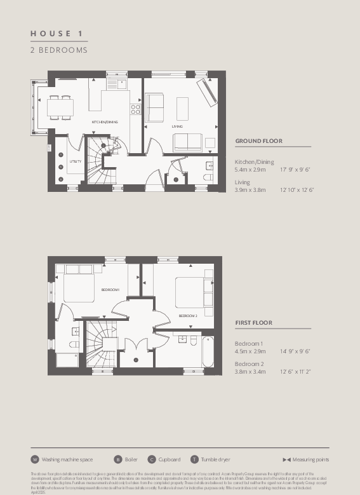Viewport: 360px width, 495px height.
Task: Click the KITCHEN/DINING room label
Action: (x=105, y=121)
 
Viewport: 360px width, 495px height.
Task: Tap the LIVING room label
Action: (x=177, y=126)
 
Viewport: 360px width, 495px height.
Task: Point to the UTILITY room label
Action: (x=75, y=161)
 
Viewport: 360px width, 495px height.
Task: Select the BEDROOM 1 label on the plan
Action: (x=110, y=290)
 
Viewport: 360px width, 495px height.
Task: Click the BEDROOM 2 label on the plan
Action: (x=188, y=316)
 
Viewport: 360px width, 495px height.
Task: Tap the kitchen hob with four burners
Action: (x=135, y=109)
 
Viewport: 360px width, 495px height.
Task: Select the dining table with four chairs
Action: (x=60, y=107)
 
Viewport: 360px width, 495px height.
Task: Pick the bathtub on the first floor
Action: (x=208, y=351)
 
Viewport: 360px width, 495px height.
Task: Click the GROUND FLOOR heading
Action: (x=259, y=141)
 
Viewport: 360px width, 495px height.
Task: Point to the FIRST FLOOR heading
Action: (x=253, y=323)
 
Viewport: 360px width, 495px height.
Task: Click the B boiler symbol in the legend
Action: (x=117, y=459)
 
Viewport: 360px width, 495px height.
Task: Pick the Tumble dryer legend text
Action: (x=215, y=459)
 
